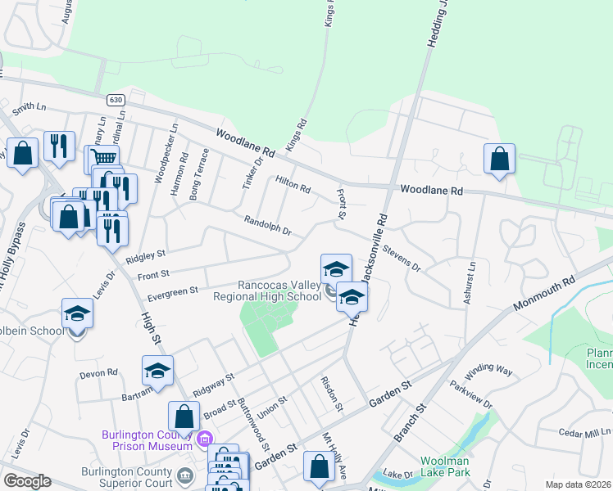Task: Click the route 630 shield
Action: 114,99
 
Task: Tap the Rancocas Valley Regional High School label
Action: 279,291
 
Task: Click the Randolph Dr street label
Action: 268,225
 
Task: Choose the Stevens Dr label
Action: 401,255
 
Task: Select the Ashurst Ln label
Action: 470,283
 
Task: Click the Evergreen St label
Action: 173,291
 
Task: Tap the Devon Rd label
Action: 99,373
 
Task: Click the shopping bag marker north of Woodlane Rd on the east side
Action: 499,160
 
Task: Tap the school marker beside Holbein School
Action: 77,315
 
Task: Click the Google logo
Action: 27,481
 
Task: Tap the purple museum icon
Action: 205,440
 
